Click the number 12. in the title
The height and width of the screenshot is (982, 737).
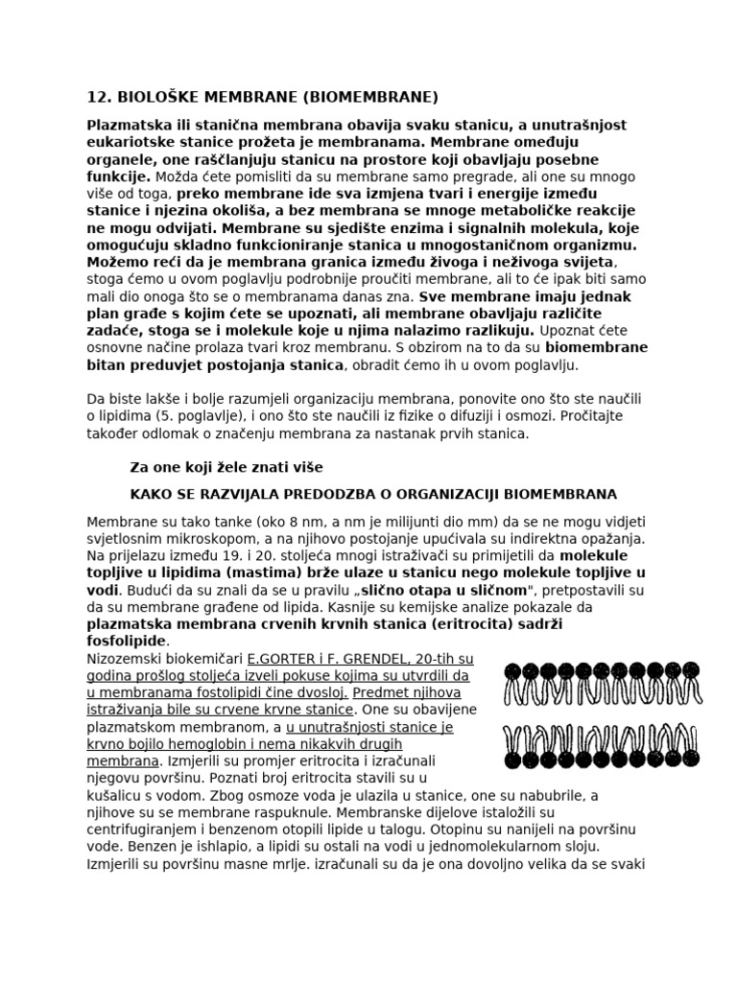point(99,97)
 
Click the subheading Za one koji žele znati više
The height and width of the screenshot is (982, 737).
point(226,467)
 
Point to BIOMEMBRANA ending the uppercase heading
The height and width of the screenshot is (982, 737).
point(568,494)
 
